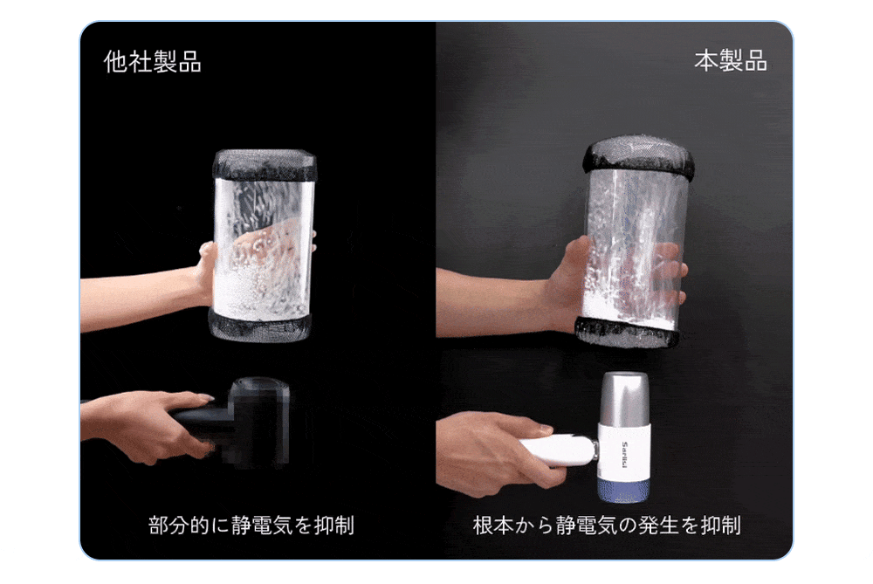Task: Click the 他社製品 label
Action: tap(153, 61)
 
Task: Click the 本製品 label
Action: tap(731, 61)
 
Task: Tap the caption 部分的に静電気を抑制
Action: tap(251, 525)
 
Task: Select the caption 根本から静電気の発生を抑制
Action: tap(607, 525)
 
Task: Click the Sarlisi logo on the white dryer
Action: tap(624, 455)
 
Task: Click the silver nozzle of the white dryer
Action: tap(626, 399)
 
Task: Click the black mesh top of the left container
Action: tap(264, 165)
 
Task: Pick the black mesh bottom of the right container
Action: tap(628, 333)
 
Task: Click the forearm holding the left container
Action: tap(139, 298)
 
